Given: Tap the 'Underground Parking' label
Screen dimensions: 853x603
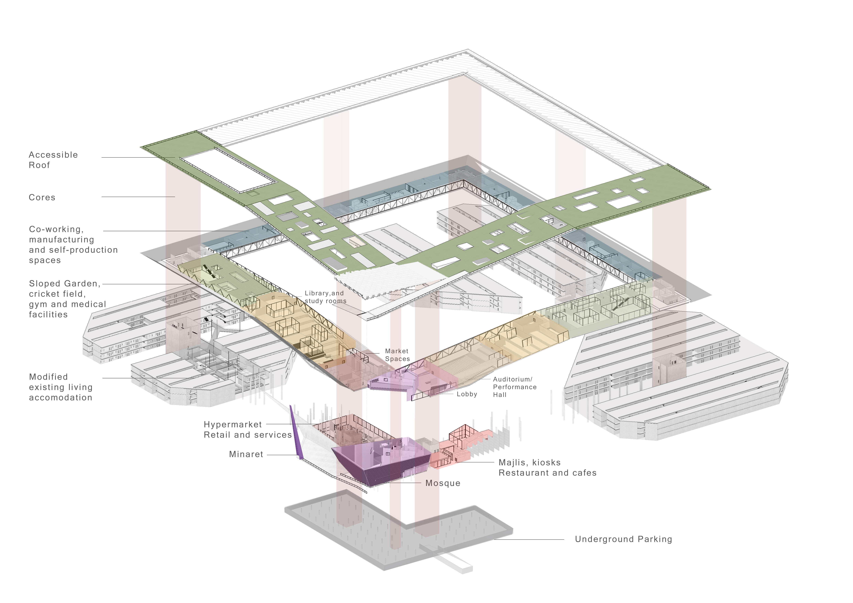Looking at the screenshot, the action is click(623, 539).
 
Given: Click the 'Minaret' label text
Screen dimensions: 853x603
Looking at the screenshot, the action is click(246, 454).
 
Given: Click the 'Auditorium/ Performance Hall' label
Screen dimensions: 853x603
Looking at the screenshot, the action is click(515, 387).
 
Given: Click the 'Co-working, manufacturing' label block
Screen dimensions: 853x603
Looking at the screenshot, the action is click(73, 245).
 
